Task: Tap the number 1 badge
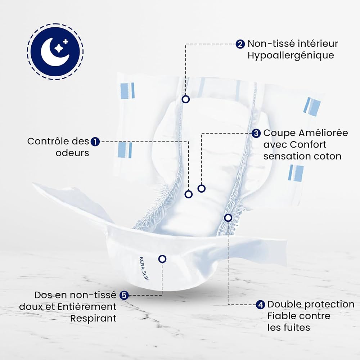coord(95,141)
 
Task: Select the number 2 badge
coord(240,44)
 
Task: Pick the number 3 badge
coord(256,134)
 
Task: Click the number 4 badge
coord(260,305)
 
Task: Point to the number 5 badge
coord(124,295)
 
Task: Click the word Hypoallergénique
coord(291,56)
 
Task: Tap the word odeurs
coord(72,153)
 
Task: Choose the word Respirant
coord(93,319)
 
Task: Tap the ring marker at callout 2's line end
coord(185,99)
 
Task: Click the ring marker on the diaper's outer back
coord(162,259)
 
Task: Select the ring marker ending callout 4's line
coord(228,218)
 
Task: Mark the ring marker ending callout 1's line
coord(189,194)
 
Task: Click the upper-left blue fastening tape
coord(127,91)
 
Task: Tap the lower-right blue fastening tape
coord(296,173)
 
